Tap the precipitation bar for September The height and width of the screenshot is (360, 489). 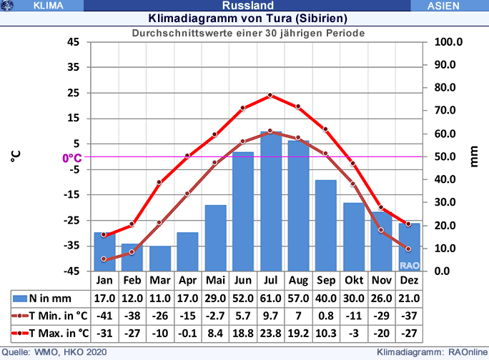tap(326, 225)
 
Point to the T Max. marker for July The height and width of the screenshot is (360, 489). tap(270, 95)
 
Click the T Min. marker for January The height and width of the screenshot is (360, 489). tap(104, 259)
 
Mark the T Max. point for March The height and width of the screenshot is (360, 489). tap(159, 182)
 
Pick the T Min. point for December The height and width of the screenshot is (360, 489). tap(409, 249)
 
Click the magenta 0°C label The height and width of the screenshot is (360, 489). tap(71, 158)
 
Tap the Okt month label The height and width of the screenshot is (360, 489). tap(353, 280)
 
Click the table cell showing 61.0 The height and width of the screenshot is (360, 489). tap(270, 298)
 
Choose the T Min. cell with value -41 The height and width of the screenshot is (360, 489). tap(104, 315)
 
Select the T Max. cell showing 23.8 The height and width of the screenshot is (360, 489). tap(270, 332)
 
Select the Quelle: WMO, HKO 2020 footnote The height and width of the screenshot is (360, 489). tap(56, 352)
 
